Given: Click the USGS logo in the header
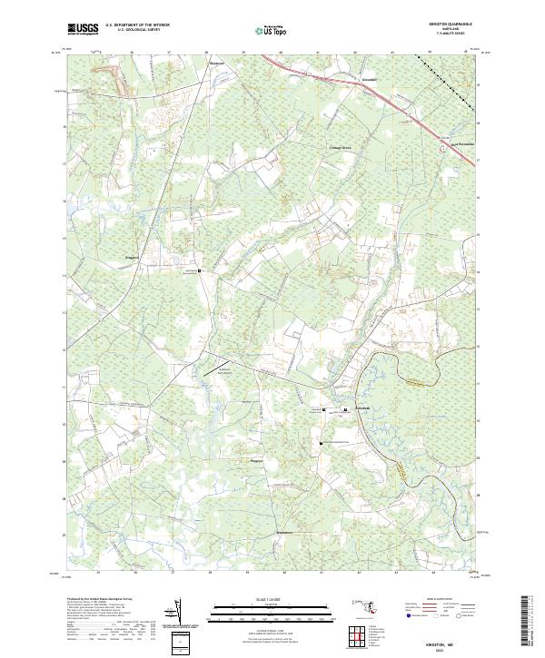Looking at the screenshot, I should pyautogui.click(x=83, y=29).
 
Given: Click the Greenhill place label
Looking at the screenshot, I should pyautogui.click(x=347, y=79).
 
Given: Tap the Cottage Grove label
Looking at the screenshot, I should pyautogui.click(x=340, y=147).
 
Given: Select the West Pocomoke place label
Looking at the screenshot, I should pyautogui.click(x=463, y=142).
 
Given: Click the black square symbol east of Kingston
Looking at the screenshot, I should pyautogui.click(x=202, y=270).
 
